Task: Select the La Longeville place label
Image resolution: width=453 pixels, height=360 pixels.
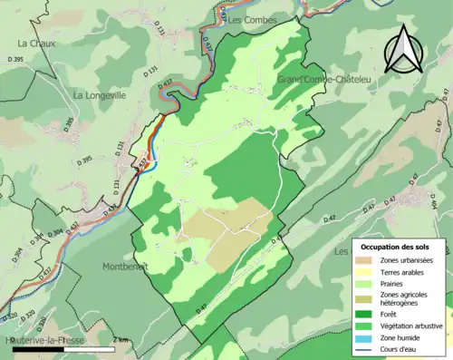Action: tap(101, 95)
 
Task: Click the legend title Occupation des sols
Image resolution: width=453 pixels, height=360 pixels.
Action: tap(395, 247)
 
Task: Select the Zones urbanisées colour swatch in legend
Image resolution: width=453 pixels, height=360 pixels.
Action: tap(364, 260)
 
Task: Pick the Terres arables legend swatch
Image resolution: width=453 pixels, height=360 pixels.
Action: tap(364, 271)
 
